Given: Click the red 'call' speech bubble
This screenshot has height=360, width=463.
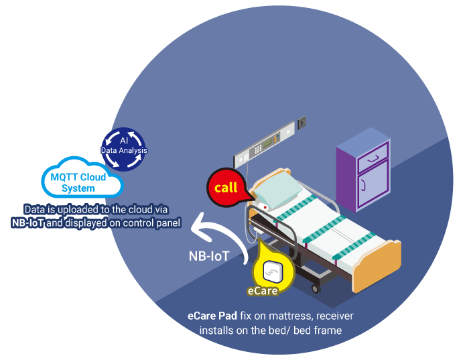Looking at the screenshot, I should tap(226, 187).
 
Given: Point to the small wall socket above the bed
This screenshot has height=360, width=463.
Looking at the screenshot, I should tap(302, 123).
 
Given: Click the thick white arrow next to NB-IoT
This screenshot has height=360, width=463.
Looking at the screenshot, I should tap(218, 230).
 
